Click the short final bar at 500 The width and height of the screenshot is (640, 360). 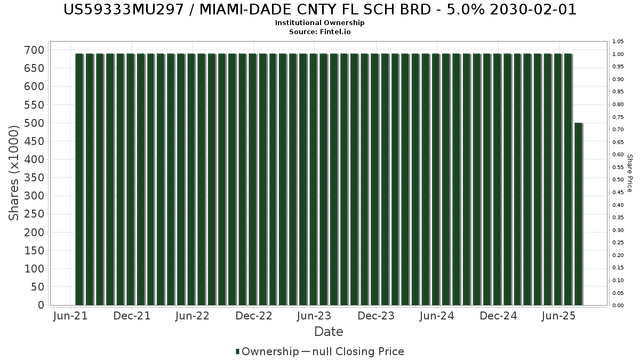click(579, 214)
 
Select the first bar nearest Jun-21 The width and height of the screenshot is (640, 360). click(79, 179)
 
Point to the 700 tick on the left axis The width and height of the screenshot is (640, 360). click(35, 50)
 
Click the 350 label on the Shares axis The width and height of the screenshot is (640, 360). click(35, 178)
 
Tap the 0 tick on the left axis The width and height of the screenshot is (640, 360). click(42, 305)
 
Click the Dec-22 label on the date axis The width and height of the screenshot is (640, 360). click(254, 316)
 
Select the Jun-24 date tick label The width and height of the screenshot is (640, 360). click(437, 316)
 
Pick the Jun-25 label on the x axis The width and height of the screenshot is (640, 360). click(559, 316)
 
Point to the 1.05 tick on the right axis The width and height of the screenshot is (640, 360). click(618, 42)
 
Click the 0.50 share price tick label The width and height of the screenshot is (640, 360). click(618, 180)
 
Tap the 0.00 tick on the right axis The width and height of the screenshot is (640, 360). click(618, 306)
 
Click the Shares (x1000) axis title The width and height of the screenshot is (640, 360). click(13, 173)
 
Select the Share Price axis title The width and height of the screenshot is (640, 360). click(629, 173)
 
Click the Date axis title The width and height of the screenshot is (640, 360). click(329, 332)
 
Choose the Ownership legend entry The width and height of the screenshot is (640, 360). click(267, 351)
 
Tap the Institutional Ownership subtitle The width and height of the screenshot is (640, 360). click(319, 23)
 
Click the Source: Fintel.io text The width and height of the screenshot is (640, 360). click(319, 31)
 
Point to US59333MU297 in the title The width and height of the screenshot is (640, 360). click(123, 10)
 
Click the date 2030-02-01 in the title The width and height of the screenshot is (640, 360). click(533, 10)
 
